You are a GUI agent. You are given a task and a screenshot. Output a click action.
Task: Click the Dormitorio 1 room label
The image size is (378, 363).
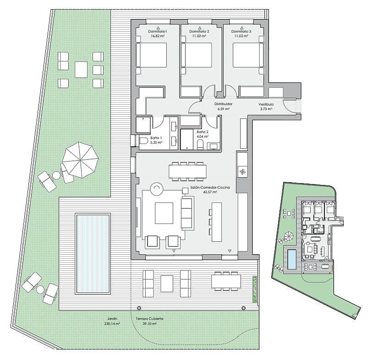(x=158, y=31)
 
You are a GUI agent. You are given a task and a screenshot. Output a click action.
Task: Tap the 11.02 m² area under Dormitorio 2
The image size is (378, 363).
(x=199, y=36)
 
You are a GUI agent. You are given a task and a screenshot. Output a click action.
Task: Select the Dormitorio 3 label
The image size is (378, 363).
(x=241, y=31)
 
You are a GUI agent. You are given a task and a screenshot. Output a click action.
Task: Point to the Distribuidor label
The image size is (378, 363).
(x=224, y=104)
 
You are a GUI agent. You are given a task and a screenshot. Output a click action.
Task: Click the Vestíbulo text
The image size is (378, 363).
(x=266, y=104)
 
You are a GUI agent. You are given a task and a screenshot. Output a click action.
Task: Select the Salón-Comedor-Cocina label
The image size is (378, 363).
(x=210, y=187)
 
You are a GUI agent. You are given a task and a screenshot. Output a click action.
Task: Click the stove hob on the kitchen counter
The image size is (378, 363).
(x=242, y=172)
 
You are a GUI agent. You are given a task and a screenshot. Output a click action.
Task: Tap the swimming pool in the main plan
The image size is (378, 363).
(x=93, y=253)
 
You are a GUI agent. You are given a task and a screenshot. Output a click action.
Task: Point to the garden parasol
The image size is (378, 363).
(x=80, y=160)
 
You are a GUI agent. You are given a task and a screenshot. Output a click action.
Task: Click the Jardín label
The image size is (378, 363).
(x=113, y=318)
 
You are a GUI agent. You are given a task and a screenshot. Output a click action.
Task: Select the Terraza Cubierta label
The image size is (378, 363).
(x=149, y=318)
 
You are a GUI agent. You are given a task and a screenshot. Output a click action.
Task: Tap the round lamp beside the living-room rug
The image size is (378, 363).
(x=157, y=188)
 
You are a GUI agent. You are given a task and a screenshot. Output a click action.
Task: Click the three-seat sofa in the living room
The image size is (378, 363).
(x=187, y=213)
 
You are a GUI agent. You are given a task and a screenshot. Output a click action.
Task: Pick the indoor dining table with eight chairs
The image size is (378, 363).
(x=187, y=171)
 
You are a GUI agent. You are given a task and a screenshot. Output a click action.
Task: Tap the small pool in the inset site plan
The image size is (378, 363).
(x=292, y=259)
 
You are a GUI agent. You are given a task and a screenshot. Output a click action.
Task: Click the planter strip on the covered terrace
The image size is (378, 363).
(x=255, y=289)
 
